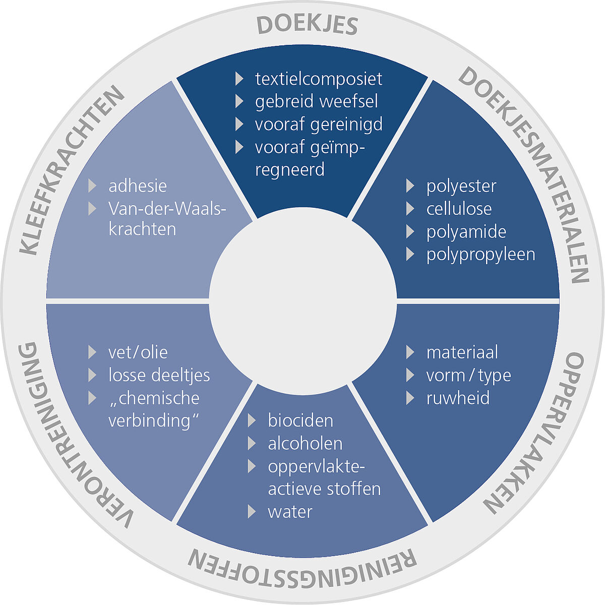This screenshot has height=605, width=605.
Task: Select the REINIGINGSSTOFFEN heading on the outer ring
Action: (302, 564)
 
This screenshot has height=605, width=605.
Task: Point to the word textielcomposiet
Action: (319, 79)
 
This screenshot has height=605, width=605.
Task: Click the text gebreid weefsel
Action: (316, 101)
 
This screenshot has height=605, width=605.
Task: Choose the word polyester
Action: (461, 186)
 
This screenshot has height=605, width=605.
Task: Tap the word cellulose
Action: (459, 209)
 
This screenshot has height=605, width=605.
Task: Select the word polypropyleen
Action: (480, 254)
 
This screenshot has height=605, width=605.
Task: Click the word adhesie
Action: (138, 186)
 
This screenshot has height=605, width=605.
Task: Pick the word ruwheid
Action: (458, 398)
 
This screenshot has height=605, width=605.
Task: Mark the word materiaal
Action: (462, 352)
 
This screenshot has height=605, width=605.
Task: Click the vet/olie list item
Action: (138, 352)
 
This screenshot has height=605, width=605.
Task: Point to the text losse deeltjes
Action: (159, 375)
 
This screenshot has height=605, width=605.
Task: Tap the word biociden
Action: (300, 420)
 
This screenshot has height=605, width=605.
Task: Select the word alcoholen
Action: (305, 444)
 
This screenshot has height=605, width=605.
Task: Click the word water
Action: (290, 512)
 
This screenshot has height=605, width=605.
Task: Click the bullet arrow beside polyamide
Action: (410, 231)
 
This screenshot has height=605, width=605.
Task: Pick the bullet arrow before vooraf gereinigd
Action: (239, 124)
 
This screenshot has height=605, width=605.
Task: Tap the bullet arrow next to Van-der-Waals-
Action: (92, 209)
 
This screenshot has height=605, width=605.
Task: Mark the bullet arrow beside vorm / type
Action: (410, 375)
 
